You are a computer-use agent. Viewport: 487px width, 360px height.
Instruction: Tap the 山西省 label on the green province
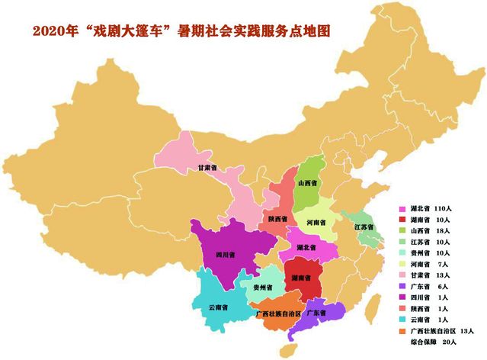pos(309,183)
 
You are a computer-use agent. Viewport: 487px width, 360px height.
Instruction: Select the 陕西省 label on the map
pos(277,219)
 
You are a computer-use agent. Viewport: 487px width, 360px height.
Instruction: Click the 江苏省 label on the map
pos(364,227)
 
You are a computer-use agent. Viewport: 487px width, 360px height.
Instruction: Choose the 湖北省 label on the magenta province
pos(308,248)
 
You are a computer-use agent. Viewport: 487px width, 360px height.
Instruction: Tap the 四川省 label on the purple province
pos(226,253)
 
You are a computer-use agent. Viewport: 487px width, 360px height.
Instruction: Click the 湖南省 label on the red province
pos(302,279)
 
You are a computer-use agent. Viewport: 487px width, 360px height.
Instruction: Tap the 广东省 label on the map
pos(316,313)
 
